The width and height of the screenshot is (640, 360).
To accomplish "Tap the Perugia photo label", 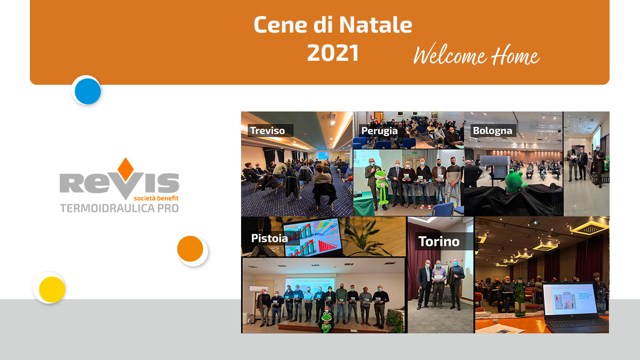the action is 379,131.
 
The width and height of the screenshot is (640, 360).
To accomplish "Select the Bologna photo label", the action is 493,131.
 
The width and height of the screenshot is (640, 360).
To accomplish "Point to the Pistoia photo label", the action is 269,238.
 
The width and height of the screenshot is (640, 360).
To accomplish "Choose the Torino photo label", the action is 439,242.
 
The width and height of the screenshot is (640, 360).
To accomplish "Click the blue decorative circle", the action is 87,91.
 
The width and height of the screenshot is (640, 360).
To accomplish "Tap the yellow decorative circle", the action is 52,290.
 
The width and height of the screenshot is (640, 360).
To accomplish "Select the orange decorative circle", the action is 190,249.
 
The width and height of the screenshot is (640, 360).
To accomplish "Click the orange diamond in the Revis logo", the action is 126,169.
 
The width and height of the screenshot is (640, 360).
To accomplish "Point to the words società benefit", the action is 156,198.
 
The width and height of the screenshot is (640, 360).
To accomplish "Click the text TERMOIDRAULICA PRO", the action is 119,209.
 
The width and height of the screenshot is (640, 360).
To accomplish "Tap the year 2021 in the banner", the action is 333,53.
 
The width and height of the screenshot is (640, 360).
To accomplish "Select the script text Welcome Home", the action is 477,55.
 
